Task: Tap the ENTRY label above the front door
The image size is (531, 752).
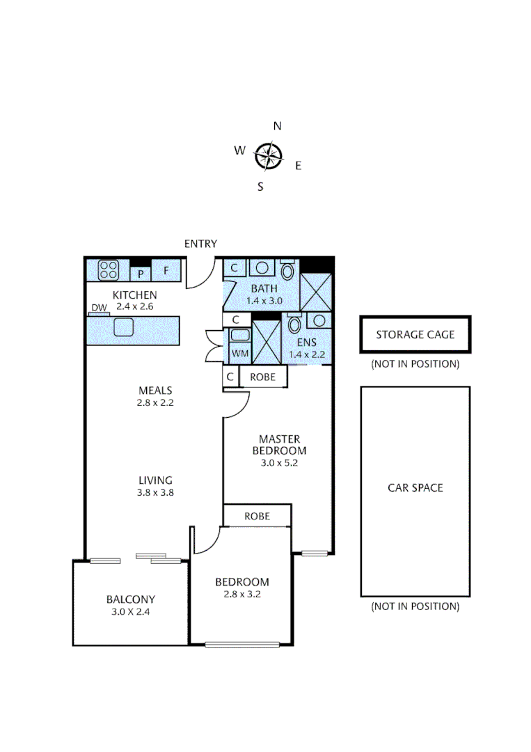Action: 200,244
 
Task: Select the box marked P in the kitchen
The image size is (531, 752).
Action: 140,274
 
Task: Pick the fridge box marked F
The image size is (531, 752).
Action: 166,270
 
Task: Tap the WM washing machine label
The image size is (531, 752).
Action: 239,354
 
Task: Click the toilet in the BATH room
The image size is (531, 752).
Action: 287,269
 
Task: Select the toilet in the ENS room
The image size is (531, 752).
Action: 294,324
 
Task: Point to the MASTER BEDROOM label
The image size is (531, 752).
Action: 279,444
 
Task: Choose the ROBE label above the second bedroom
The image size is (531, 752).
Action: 257,516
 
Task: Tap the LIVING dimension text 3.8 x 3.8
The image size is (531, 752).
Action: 155,492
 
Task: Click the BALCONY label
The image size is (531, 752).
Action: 130,599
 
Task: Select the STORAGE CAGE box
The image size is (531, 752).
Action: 415,335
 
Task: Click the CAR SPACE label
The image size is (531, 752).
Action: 415,488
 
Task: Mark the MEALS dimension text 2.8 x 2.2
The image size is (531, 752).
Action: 155,402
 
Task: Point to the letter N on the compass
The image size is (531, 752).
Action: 277,126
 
